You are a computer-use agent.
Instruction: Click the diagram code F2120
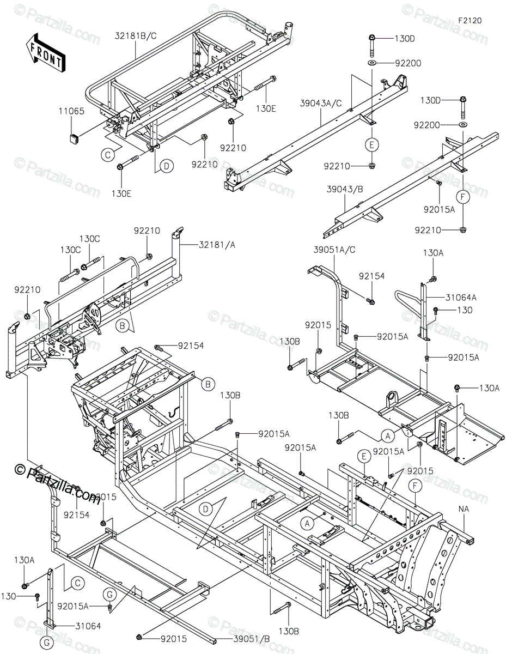(470, 20)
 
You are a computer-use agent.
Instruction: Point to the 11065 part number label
(72, 111)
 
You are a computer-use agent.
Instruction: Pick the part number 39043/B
(345, 190)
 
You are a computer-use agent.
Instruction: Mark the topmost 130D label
(404, 38)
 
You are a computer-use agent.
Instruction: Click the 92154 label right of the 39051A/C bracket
(371, 276)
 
